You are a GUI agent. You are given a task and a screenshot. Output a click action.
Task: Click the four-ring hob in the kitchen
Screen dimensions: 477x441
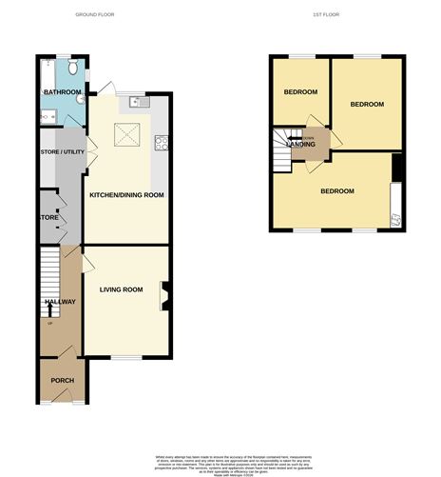tap(162, 146)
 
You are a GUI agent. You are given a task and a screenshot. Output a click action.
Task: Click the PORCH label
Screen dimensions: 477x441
tap(62, 381)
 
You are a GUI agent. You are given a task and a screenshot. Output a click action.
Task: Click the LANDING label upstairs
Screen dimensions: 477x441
tap(302, 143)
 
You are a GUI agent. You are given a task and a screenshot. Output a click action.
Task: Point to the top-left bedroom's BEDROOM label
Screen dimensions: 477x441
tap(300, 91)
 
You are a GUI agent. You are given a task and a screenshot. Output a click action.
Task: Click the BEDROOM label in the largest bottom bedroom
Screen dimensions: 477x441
tap(336, 191)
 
